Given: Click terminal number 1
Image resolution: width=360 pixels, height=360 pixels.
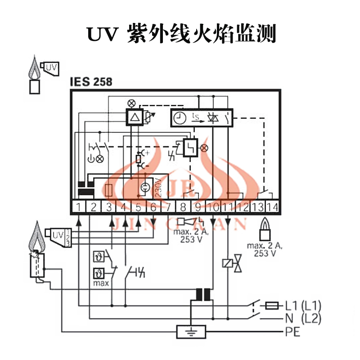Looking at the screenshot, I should pos(79,207).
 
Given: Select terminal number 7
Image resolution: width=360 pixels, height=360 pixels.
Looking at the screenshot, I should pos(168,207).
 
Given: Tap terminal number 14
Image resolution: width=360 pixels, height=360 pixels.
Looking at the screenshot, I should pos(272,207).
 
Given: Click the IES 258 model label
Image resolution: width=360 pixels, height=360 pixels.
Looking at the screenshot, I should pos(91,82).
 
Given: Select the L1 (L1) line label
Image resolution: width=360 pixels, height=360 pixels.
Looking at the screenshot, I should pos(303,305).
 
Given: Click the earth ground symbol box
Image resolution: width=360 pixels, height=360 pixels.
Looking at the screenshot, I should pos(191,333).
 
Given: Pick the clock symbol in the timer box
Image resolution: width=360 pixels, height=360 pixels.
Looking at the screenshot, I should pos(180,118).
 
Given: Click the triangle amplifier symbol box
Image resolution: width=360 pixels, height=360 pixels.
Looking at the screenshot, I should pos(135,117).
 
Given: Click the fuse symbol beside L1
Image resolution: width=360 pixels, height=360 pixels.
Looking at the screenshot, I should pos(272,305).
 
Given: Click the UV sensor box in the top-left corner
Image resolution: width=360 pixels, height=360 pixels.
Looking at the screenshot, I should pos(51,67).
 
